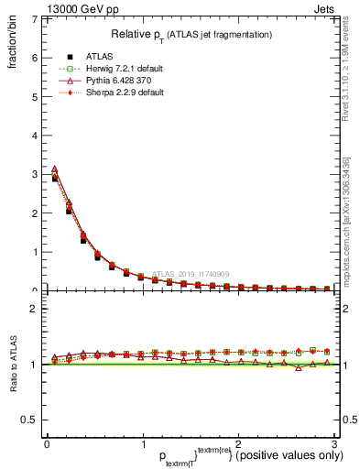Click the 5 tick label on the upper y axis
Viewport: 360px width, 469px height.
[34, 96]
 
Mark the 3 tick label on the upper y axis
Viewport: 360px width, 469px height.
[34, 174]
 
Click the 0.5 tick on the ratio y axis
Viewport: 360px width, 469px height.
[30, 420]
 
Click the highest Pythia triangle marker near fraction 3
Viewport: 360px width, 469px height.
[54, 169]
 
